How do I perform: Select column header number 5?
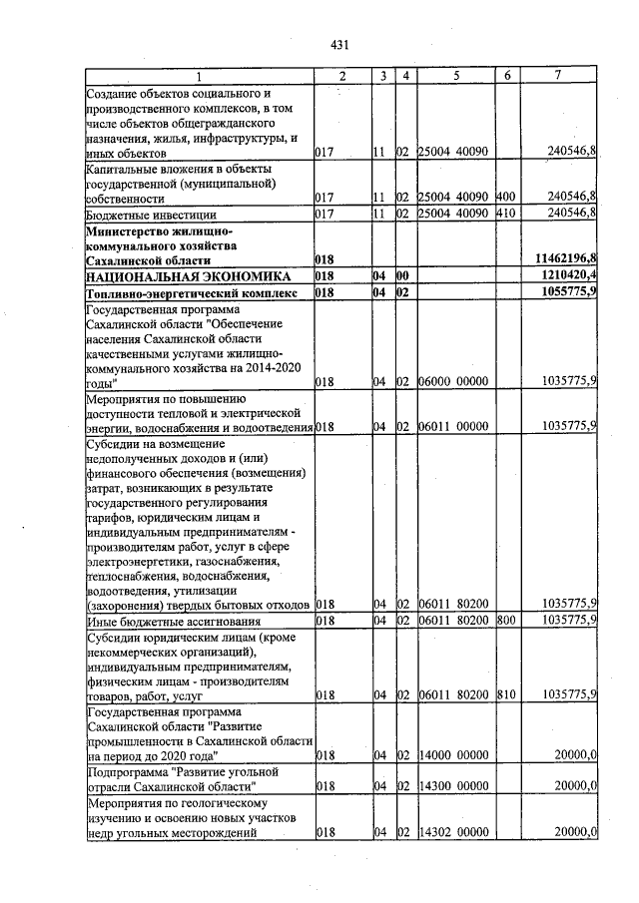pos(454,77)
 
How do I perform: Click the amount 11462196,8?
pos(563,258)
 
